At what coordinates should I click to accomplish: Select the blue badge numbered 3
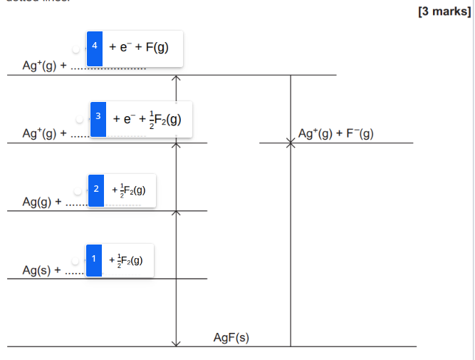click(x=98, y=118)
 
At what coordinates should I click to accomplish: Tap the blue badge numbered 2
click(x=96, y=190)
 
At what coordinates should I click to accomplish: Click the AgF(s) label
click(x=231, y=337)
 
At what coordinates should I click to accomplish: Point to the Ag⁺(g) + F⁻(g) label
click(x=336, y=133)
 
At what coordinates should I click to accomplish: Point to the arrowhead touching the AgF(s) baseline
click(x=177, y=344)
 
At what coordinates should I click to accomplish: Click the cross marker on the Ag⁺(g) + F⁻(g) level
click(x=291, y=143)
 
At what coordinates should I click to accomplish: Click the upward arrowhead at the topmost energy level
click(x=177, y=78)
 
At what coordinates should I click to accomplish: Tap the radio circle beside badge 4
click(x=77, y=48)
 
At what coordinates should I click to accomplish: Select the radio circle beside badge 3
click(x=80, y=118)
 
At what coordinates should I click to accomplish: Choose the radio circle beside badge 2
click(x=78, y=190)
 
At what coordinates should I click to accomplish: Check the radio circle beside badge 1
click(x=76, y=260)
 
